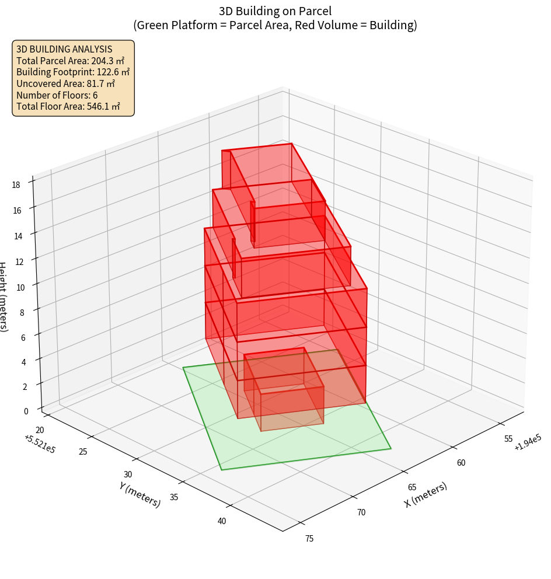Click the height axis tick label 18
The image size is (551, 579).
click(15, 185)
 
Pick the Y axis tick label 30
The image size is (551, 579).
click(128, 475)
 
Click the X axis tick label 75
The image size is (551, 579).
click(309, 538)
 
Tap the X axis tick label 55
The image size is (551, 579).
click(508, 439)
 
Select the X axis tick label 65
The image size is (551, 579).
click(411, 487)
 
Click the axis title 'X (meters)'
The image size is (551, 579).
click(426, 495)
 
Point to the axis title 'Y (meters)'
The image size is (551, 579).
click(140, 494)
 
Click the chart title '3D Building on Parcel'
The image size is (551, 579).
click(275, 11)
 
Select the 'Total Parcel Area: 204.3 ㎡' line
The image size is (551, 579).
click(70, 61)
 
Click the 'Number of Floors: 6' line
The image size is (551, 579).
click(57, 95)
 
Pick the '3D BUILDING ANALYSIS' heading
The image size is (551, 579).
click(64, 49)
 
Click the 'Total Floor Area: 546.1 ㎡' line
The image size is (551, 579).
click(68, 107)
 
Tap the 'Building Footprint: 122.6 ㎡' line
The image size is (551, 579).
click(73, 72)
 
